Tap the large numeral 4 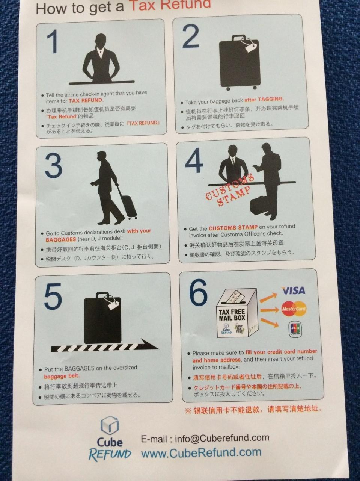click(x=194, y=160)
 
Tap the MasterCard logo click(x=294, y=309)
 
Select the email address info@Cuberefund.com click(x=222, y=438)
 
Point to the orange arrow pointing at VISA click(x=268, y=298)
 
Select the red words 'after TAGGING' click(x=264, y=100)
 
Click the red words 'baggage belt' click(x=62, y=376)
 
